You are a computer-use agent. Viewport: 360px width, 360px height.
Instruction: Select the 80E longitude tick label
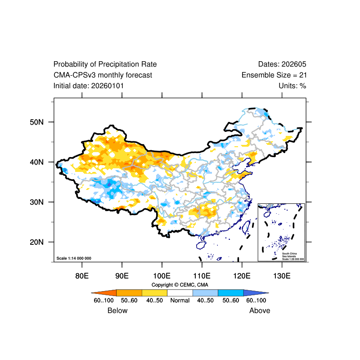(x=82, y=275)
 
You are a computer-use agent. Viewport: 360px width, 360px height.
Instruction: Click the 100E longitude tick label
(x=162, y=275)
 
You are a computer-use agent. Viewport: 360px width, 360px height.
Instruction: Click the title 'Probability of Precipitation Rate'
(x=105, y=64)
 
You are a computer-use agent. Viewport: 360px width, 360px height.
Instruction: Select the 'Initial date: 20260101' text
(x=89, y=85)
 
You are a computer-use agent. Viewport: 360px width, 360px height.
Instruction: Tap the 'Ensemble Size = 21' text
(x=274, y=75)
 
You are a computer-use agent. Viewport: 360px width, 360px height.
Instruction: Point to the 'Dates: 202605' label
(x=282, y=64)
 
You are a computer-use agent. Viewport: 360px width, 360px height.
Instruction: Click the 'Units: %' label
(x=292, y=85)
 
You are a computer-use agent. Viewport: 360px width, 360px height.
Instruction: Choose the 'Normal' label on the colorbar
(x=180, y=301)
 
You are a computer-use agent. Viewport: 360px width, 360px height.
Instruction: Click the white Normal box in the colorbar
(x=180, y=293)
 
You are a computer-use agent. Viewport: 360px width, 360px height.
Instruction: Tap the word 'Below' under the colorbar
(x=117, y=310)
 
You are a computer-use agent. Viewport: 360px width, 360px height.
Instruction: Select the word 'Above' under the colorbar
(x=260, y=310)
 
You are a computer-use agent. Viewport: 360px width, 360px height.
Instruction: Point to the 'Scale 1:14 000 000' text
(x=74, y=258)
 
